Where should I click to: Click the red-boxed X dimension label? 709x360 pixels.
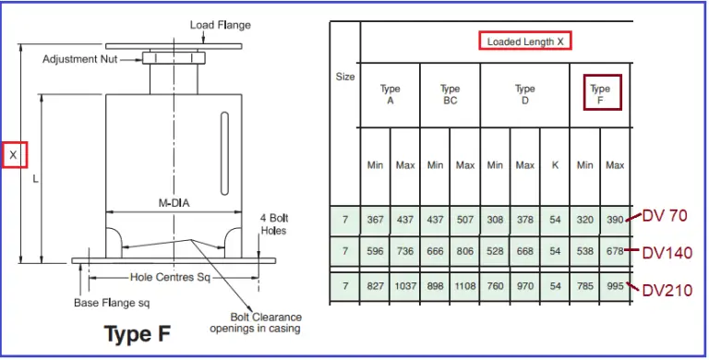14,155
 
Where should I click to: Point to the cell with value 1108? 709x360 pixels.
464,287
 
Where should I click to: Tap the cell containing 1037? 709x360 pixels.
404,287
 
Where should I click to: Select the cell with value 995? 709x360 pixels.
615,287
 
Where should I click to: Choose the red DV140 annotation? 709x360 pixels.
667,252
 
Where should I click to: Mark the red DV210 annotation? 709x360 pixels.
667,289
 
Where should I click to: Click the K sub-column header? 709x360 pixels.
555,165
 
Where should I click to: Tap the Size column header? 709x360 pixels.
344,77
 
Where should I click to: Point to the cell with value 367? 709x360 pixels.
375,220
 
